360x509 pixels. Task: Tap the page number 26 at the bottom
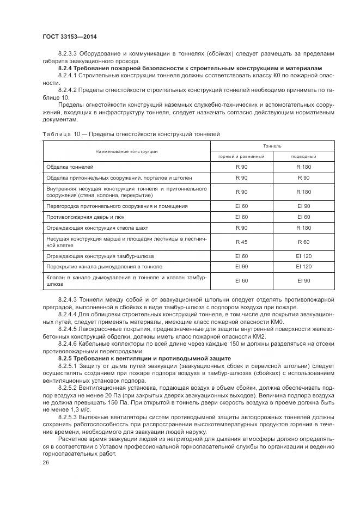point(45,462)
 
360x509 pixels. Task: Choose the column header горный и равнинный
point(241,156)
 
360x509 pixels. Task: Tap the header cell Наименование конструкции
point(126,151)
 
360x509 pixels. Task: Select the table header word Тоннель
point(272,146)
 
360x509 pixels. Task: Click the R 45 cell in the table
point(241,241)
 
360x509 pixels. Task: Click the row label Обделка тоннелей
point(70,167)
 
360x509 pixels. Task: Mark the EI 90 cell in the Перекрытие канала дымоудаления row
point(241,266)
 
